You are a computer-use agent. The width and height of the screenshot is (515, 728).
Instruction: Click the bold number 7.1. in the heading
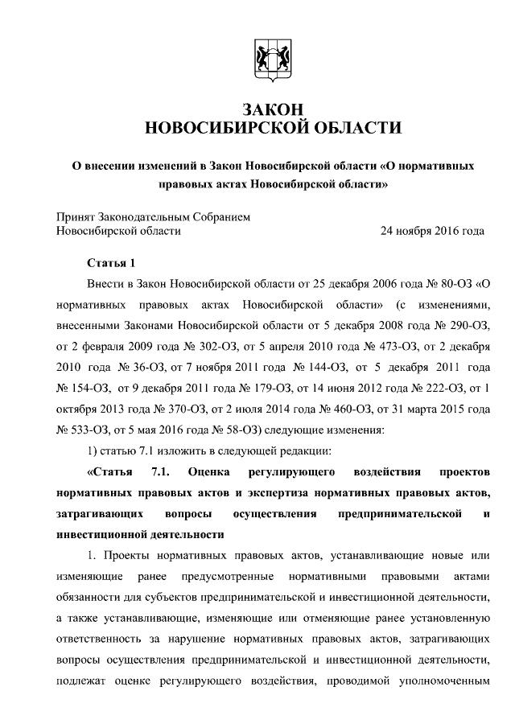163,471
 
